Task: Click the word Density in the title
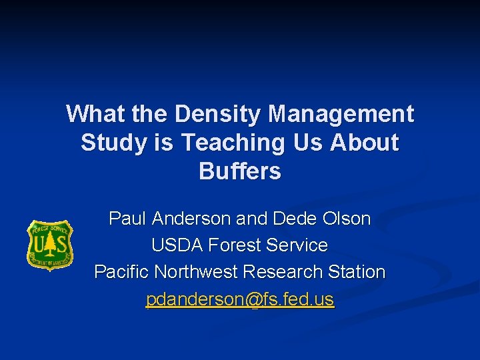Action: coord(218,114)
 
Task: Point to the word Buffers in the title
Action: coord(240,171)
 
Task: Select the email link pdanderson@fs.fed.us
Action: coord(240,300)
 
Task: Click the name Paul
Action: coord(128,219)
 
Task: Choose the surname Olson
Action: coord(347,219)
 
